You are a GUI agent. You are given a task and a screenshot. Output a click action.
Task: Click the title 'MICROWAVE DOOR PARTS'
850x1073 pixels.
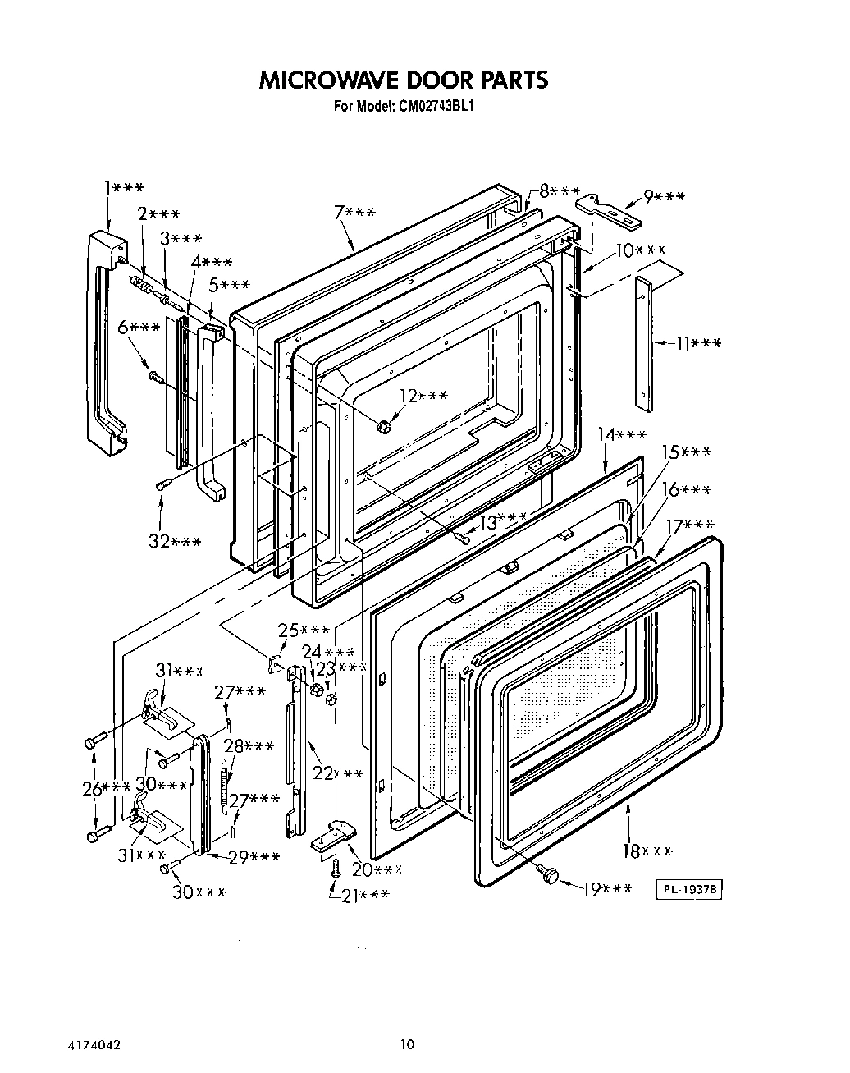(403, 80)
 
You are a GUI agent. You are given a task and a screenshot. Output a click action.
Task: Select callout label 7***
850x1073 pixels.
(354, 213)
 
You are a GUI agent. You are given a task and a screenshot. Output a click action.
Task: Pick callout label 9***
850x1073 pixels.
(664, 197)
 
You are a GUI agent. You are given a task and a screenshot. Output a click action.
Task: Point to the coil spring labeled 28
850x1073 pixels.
(224, 783)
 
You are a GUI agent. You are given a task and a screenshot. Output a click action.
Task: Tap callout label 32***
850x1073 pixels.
(175, 541)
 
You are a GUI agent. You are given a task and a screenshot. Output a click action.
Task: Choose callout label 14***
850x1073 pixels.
(621, 434)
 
